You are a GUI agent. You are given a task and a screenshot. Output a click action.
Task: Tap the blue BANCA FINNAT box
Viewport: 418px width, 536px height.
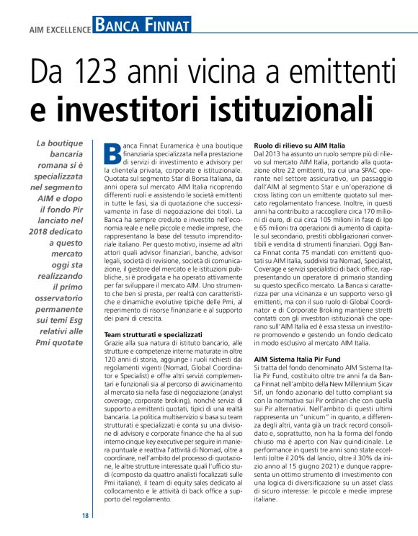pos(143,27)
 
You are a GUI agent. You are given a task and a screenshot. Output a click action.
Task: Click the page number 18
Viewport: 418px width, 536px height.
pos(85,516)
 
